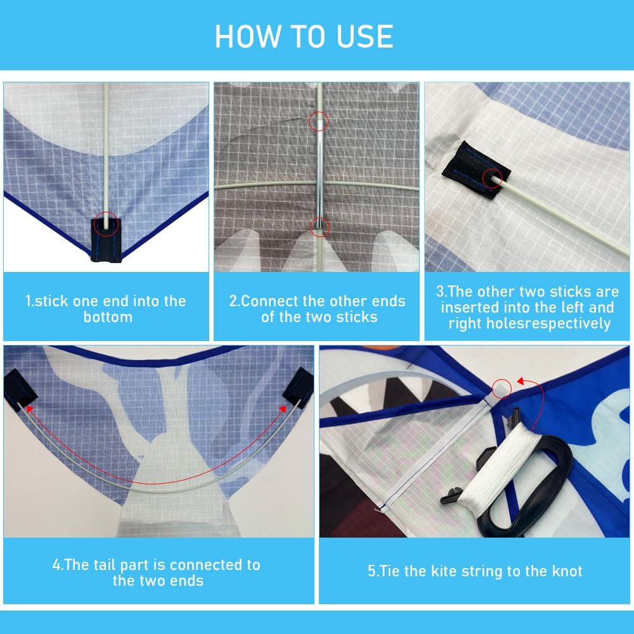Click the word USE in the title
click(365, 36)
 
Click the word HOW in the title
click(248, 36)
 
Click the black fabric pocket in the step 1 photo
click(106, 240)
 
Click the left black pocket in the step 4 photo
click(20, 389)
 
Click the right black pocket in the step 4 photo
click(299, 387)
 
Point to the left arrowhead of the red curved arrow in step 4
click(29, 408)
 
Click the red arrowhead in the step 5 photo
click(522, 381)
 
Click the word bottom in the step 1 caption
click(108, 317)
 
